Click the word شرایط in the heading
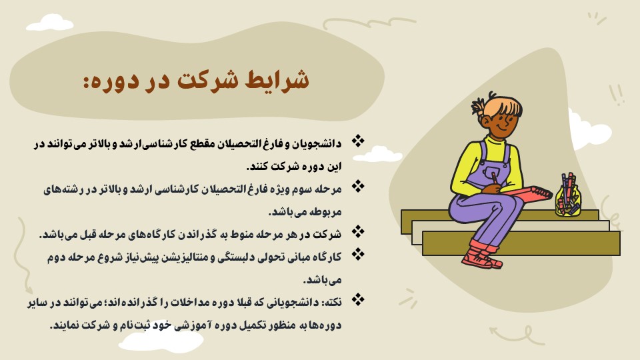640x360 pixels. coord(277,79)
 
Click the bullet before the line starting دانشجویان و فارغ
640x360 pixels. coord(358,141)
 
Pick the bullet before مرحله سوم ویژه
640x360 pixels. coord(358,187)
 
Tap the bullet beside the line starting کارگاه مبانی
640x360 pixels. coord(358,254)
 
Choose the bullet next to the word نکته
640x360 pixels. coord(358,299)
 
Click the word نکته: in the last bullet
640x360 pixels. coord(332,303)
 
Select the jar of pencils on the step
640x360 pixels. coord(568,195)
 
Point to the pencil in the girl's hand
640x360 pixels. coord(495,179)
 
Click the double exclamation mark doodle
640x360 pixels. coord(617,95)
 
